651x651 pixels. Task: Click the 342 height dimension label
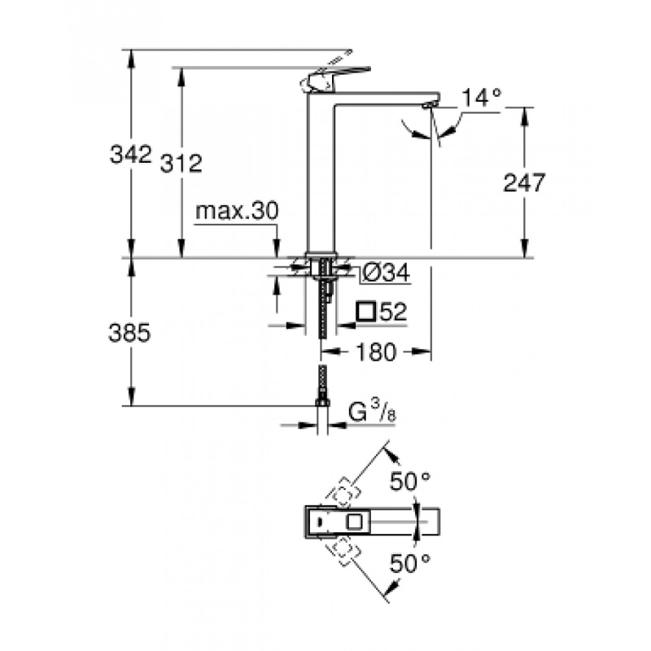[x=131, y=154]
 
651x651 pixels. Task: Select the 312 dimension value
[x=180, y=163]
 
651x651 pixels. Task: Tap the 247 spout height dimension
[x=523, y=182]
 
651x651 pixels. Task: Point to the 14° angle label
[x=481, y=98]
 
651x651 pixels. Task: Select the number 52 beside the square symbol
[x=392, y=312]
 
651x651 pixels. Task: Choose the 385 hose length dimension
[x=131, y=333]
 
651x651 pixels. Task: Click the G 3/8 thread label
[x=372, y=413]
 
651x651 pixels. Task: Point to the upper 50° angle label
[x=409, y=481]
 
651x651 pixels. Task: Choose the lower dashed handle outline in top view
[x=345, y=550]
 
